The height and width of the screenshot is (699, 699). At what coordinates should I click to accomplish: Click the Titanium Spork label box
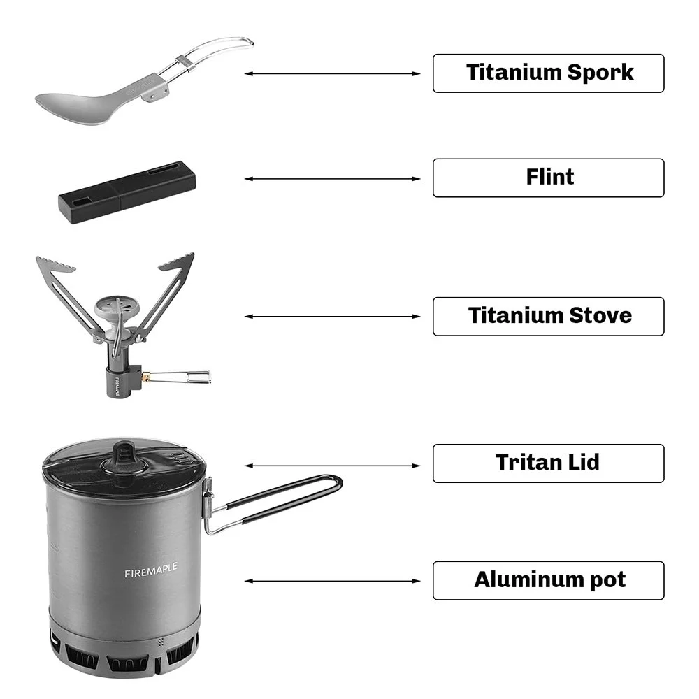pyautogui.click(x=548, y=73)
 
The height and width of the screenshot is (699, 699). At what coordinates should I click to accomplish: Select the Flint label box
pyautogui.click(x=548, y=178)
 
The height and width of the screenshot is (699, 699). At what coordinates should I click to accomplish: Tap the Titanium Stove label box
pyautogui.click(x=548, y=316)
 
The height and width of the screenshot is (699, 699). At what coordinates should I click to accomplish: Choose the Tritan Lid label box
pyautogui.click(x=548, y=463)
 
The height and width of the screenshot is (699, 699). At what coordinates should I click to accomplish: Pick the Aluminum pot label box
pyautogui.click(x=548, y=580)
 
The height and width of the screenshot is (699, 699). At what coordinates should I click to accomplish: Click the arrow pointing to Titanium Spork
pyautogui.click(x=333, y=73)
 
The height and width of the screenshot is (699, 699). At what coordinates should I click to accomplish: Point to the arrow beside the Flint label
pyautogui.click(x=333, y=179)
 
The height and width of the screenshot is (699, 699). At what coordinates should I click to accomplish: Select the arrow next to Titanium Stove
pyautogui.click(x=333, y=317)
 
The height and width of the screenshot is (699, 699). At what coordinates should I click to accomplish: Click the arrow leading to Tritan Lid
pyautogui.click(x=333, y=466)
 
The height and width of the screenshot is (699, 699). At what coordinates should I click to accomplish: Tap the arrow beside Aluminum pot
pyautogui.click(x=333, y=581)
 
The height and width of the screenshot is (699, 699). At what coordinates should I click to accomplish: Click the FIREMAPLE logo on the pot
pyautogui.click(x=151, y=570)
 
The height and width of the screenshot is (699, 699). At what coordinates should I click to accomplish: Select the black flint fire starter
pyautogui.click(x=127, y=192)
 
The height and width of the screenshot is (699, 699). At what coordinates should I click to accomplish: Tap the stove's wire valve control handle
pyautogui.click(x=178, y=377)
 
